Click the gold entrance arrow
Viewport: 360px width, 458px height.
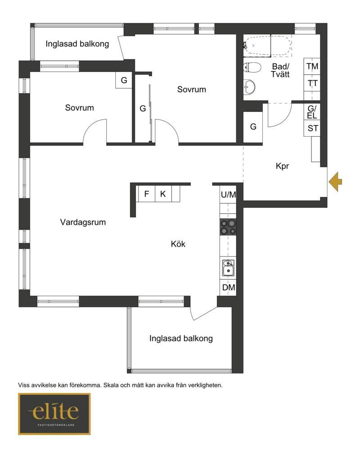click(335, 182)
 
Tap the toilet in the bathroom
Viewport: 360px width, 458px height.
click(252, 68)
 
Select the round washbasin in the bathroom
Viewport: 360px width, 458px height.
click(250, 87)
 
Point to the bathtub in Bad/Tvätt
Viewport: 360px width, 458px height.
click(267, 45)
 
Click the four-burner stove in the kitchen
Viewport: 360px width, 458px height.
click(228, 227)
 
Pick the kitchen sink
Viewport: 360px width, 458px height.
click(228, 268)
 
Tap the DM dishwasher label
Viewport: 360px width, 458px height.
click(229, 287)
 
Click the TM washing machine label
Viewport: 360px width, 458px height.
click(312, 66)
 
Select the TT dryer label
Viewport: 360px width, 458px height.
click(312, 83)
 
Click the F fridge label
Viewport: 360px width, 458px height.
click(147, 193)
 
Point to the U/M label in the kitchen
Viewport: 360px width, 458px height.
click(228, 194)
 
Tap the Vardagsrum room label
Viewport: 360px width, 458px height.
click(83, 222)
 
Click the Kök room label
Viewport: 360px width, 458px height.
click(178, 243)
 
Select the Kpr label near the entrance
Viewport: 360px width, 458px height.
click(282, 166)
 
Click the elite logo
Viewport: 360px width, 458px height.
click(54, 413)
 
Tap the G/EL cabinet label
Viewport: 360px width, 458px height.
click(312, 112)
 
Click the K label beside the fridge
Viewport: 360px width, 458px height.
click(163, 193)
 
